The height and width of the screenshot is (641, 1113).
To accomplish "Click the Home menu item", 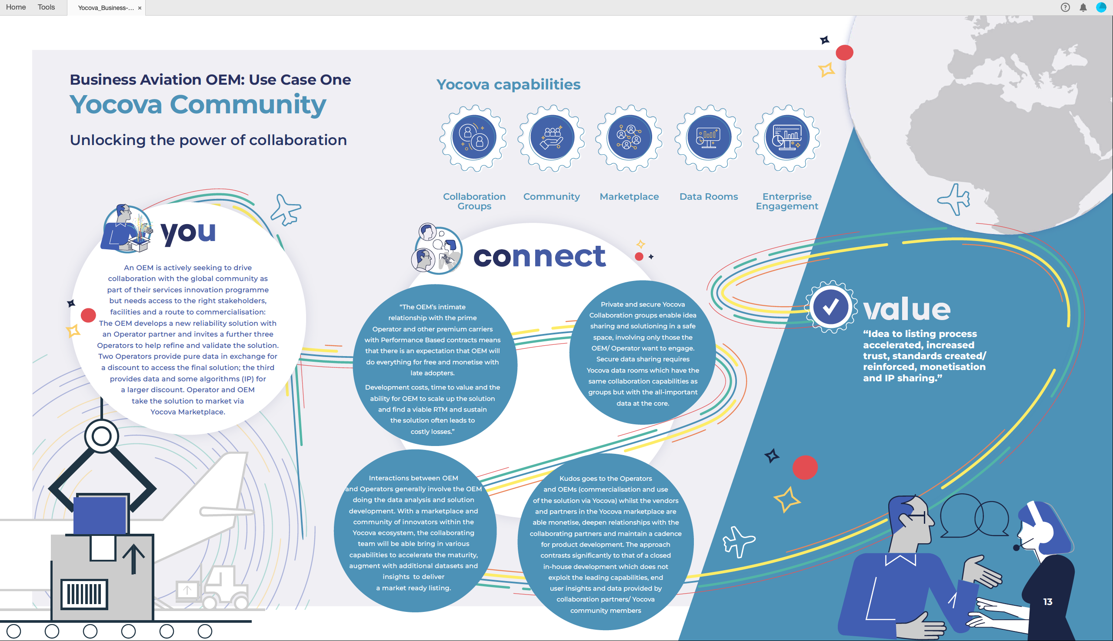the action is pos(16,7).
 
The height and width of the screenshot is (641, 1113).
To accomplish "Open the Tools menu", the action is pos(46,7).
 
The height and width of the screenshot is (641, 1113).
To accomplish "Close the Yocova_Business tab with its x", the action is pos(140,8).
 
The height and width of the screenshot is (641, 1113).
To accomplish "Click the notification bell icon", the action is pos(1083,7).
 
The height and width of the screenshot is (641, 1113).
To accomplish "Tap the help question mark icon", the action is pos(1065,7).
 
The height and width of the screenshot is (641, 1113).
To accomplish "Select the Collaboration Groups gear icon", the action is pos(473,138).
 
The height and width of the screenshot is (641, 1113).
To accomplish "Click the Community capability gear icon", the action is pos(552,138).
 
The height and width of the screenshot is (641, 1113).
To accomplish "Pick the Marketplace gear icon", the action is pos(629,138).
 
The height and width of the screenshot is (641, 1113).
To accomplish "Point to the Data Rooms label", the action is pos(709,197).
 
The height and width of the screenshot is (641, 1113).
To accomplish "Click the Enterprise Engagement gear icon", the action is pos(786,138).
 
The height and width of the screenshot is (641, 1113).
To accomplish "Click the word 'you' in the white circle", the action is pos(188,232).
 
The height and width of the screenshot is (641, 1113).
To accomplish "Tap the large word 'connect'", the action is pos(540,256).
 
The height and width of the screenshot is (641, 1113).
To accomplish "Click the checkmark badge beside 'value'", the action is pos(830,307).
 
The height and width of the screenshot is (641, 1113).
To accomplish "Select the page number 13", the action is pos(1048,602).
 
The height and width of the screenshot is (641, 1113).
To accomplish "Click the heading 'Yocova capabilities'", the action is pos(509,84).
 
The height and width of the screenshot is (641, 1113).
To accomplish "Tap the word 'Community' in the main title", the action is pos(248,105).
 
